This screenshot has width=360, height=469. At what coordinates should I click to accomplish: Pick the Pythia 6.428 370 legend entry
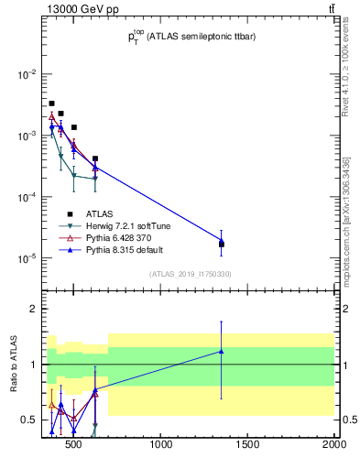click(116, 238)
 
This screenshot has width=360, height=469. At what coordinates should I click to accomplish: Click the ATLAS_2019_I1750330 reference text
click(191, 274)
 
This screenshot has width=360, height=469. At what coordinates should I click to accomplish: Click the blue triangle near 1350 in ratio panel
click(221, 351)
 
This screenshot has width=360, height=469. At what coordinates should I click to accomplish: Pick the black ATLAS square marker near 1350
click(221, 245)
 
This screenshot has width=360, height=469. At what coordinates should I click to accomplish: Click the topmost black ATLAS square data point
click(52, 104)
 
